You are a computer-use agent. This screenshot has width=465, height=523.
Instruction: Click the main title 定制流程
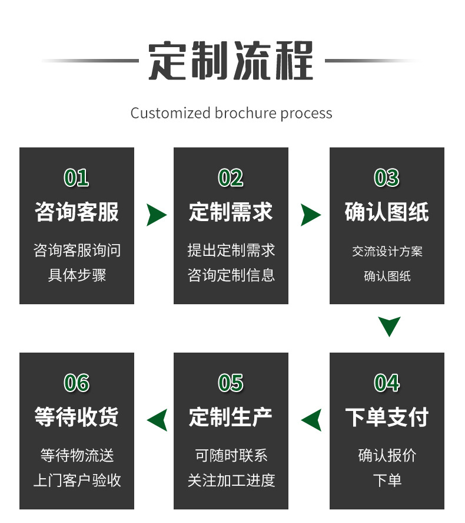pyautogui.click(x=231, y=61)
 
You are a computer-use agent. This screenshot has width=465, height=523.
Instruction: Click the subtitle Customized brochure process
pyautogui.click(x=231, y=113)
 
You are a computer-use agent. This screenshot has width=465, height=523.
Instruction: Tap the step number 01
pyautogui.click(x=77, y=177)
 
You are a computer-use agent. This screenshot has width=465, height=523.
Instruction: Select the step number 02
pyautogui.click(x=231, y=177)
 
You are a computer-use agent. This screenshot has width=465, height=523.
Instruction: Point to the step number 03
pyautogui.click(x=387, y=177)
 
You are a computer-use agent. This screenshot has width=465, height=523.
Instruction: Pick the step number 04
pyautogui.click(x=387, y=383)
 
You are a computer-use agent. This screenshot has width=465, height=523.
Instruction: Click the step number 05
pyautogui.click(x=231, y=383)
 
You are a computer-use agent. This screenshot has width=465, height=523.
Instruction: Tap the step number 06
pyautogui.click(x=77, y=383)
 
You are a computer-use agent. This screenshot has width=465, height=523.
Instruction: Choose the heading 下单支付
pyautogui.click(x=387, y=417)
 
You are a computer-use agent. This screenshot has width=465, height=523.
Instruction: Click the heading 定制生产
pyautogui.click(x=231, y=417)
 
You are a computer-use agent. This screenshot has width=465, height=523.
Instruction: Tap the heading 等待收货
pyautogui.click(x=77, y=417)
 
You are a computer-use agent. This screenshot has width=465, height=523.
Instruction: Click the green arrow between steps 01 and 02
pyautogui.click(x=155, y=215)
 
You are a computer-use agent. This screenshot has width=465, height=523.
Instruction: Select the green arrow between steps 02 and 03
pyautogui.click(x=310, y=215)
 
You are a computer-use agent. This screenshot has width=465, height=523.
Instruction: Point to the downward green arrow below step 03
pyautogui.click(x=389, y=326)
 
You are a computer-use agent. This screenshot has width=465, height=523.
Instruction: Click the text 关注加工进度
pyautogui.click(x=231, y=481)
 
